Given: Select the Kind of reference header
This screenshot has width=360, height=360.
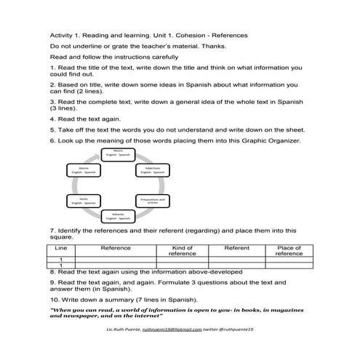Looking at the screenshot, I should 177,251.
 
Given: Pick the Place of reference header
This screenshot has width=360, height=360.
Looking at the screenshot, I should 289,251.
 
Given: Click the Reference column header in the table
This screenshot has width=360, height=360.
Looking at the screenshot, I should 116,248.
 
